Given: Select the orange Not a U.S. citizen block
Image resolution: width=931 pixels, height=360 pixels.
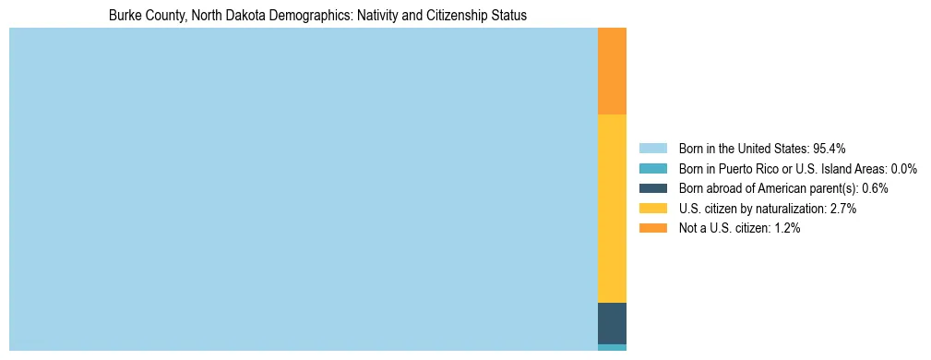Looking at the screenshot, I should (x=612, y=71).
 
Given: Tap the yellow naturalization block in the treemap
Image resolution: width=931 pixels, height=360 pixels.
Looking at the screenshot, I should (x=612, y=208).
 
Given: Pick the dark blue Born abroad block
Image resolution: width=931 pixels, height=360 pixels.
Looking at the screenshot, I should (x=612, y=323).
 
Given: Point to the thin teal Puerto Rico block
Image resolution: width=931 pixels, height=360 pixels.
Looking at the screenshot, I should (x=612, y=347).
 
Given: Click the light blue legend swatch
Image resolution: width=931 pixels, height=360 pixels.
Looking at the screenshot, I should (x=652, y=148).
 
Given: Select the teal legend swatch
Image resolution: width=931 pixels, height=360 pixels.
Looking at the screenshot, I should (x=652, y=168).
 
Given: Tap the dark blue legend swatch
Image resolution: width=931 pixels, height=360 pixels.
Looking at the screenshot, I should (x=652, y=188).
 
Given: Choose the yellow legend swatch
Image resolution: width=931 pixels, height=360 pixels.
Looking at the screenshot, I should (x=652, y=209).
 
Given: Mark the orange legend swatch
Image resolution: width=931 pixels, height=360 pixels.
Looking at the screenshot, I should (x=652, y=229).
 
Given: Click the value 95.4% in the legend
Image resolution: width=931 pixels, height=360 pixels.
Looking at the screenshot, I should (x=830, y=148).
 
